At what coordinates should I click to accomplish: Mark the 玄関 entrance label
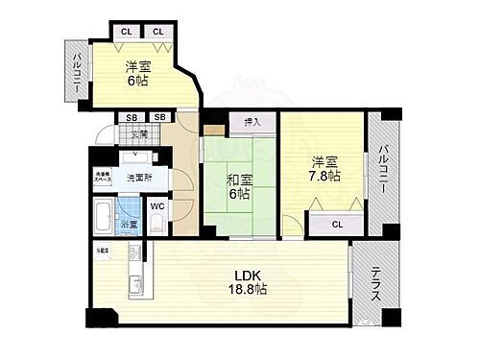139,135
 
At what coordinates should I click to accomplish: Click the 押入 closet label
252,124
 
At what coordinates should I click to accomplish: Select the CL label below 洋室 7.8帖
336,224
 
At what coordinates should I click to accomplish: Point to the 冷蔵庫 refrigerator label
101,251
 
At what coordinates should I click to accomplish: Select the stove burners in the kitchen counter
135,254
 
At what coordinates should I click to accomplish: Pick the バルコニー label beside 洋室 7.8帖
382,170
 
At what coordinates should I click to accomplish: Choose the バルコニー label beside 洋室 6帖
76,72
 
